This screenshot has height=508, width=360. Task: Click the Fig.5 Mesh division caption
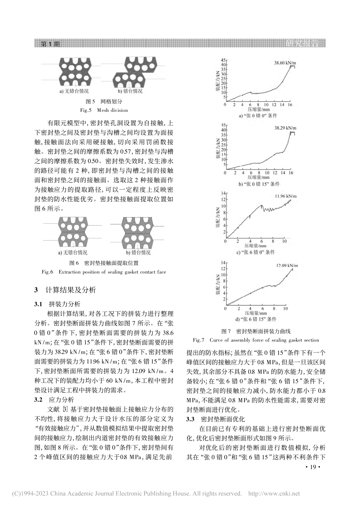[x=103, y=110]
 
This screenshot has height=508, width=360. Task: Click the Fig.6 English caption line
[x=103, y=272]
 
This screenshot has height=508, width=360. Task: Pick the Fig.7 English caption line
[x=256, y=340]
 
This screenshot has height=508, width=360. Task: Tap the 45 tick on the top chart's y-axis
[x=223, y=60]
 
